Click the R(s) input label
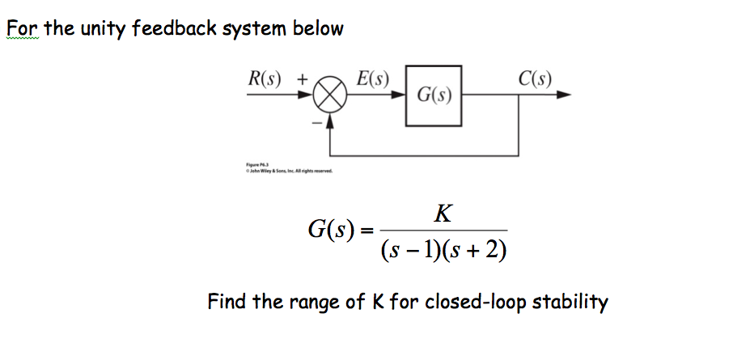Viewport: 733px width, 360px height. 266,80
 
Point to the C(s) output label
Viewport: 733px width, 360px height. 536,79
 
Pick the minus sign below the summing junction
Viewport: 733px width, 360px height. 316,122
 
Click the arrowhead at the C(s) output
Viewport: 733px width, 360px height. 564,95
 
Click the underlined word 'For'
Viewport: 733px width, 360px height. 22,29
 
